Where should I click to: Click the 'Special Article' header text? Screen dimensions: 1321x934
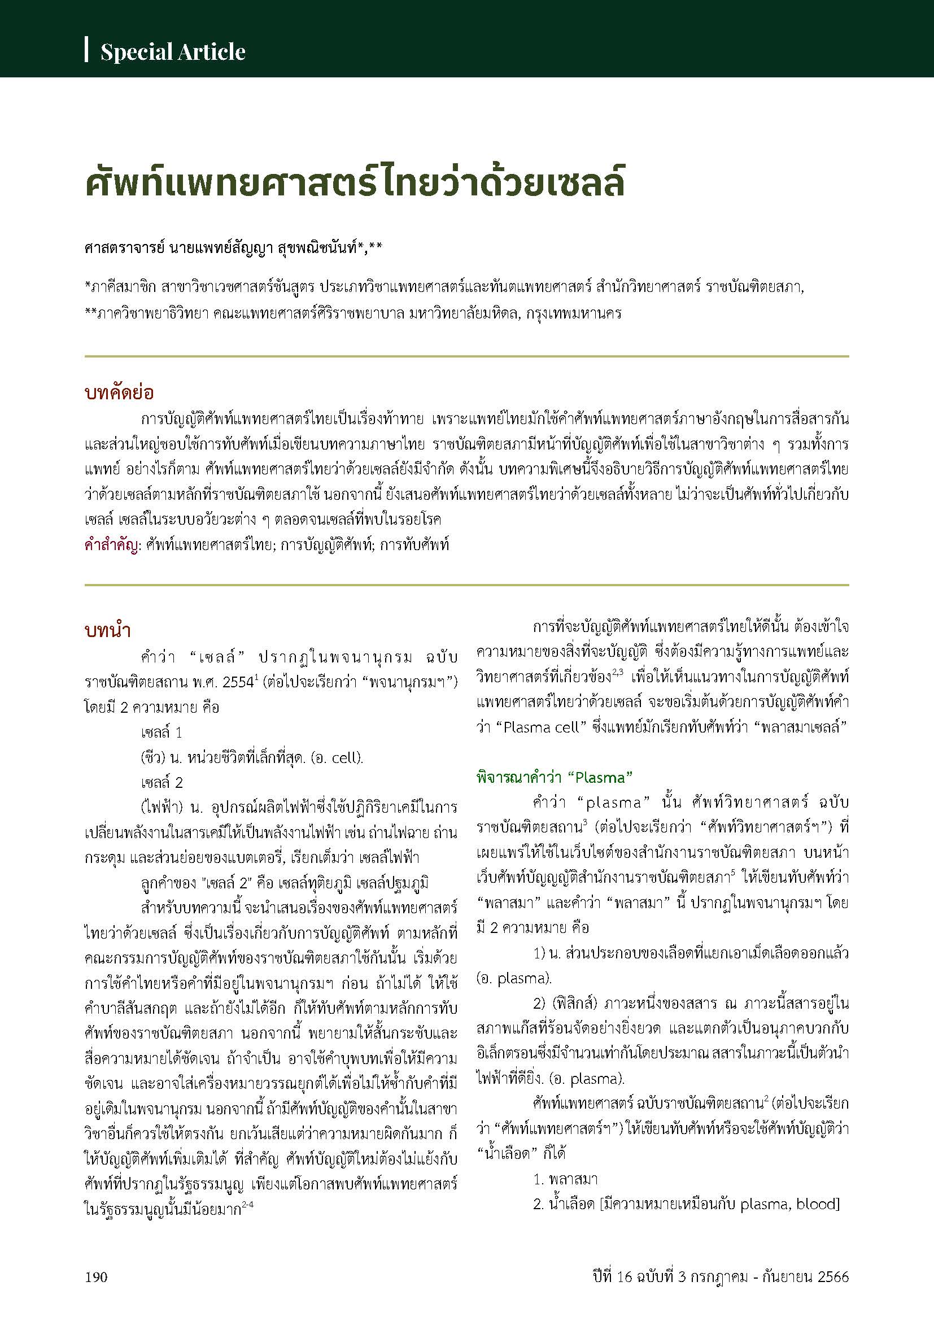(173, 53)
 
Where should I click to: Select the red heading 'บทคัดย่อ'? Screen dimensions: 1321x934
(119, 394)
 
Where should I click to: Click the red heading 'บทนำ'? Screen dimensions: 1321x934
(107, 631)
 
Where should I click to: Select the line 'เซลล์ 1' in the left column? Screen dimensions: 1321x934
(162, 733)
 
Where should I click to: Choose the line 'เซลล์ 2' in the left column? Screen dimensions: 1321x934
(162, 782)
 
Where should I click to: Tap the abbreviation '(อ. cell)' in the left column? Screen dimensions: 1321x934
(337, 758)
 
